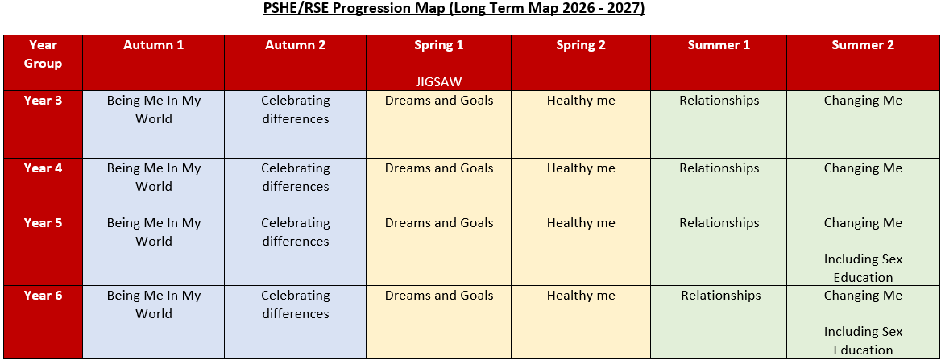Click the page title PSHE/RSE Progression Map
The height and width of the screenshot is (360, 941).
[x=454, y=10]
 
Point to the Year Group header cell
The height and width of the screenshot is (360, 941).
[x=44, y=54]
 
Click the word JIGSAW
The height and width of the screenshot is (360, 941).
[x=439, y=81]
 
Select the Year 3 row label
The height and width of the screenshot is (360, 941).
[x=44, y=100]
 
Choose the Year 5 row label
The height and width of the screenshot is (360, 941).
[x=44, y=222]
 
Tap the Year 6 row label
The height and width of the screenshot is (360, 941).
[x=44, y=296]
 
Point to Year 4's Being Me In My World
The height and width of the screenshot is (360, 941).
[x=154, y=177]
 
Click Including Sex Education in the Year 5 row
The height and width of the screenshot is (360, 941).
[x=863, y=268]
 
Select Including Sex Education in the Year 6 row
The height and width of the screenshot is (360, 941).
[x=863, y=341]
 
